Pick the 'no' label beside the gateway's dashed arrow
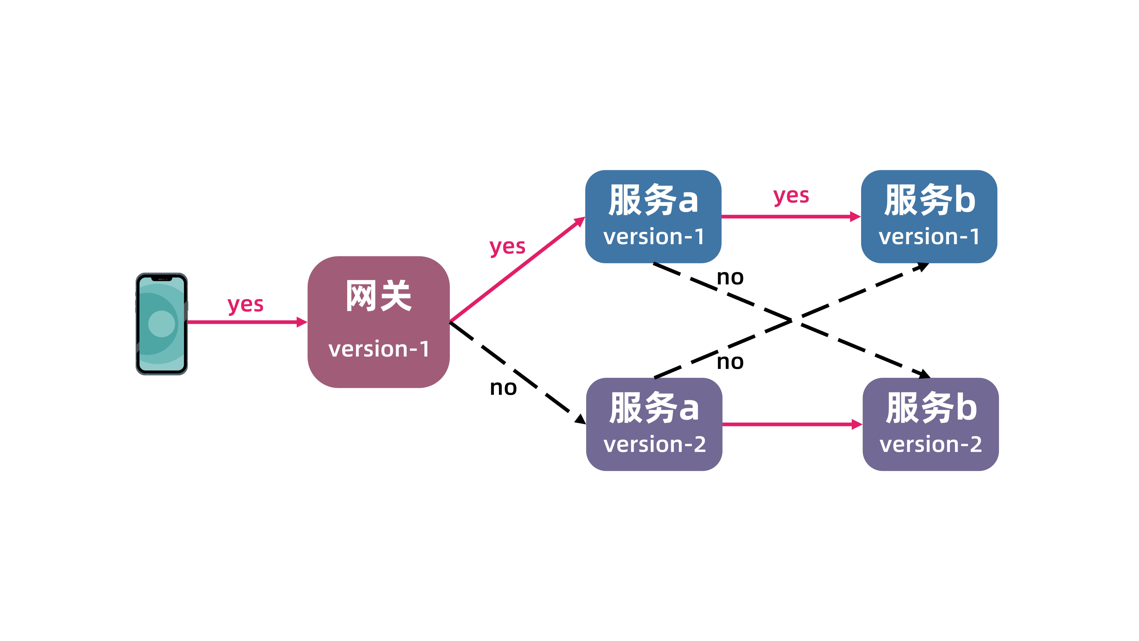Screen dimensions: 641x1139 (503, 388)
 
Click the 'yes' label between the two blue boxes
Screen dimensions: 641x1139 (791, 196)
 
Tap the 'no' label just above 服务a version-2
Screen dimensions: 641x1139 (730, 362)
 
